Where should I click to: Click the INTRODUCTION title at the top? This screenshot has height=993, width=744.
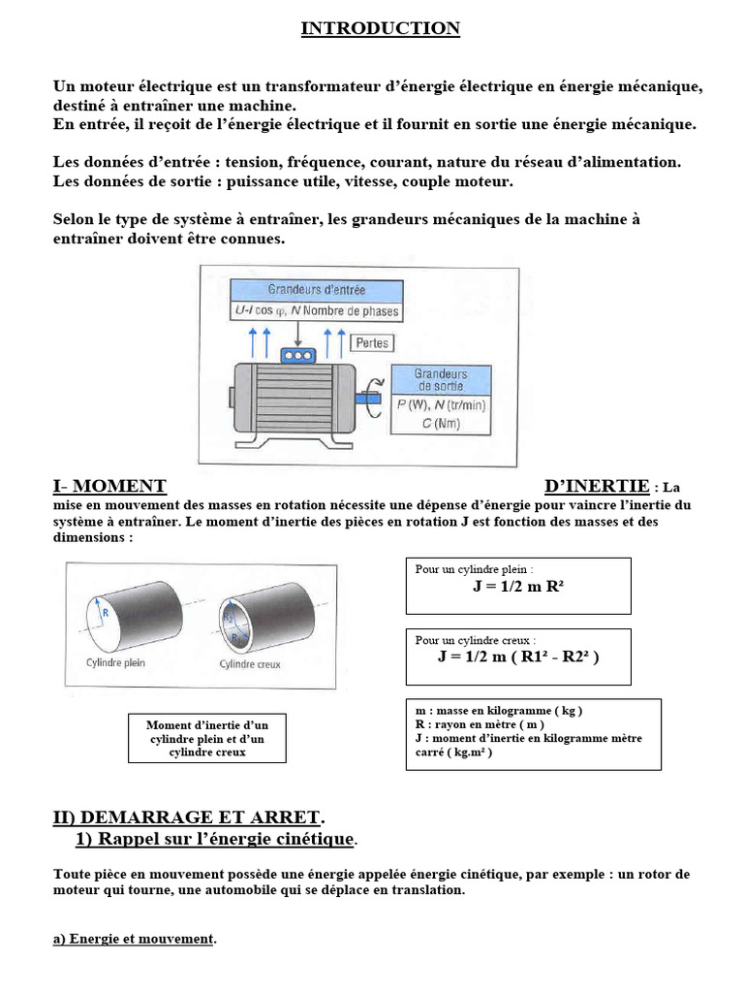pyautogui.click(x=380, y=28)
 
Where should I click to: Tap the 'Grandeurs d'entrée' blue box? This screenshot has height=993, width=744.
pyautogui.click(x=315, y=289)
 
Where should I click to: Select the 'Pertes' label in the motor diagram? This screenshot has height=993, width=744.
pyautogui.click(x=372, y=343)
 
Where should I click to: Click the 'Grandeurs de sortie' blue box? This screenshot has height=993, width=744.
pyautogui.click(x=441, y=380)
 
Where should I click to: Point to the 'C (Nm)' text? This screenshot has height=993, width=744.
pyautogui.click(x=441, y=423)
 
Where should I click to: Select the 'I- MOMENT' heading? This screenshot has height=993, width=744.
pyautogui.click(x=109, y=486)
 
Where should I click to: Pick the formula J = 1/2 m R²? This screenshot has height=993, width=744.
pyautogui.click(x=518, y=588)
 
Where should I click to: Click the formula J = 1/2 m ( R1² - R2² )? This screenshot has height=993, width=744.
pyautogui.click(x=518, y=657)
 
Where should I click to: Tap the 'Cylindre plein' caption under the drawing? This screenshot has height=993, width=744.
pyautogui.click(x=108, y=664)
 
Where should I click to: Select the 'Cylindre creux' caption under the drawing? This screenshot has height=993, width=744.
pyautogui.click(x=250, y=664)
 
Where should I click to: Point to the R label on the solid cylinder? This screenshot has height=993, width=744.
pyautogui.click(x=105, y=612)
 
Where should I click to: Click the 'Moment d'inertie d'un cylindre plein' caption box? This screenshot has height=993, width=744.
pyautogui.click(x=207, y=739)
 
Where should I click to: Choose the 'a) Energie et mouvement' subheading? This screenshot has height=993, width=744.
pyautogui.click(x=134, y=939)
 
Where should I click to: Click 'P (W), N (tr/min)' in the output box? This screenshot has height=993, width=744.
pyautogui.click(x=441, y=405)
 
